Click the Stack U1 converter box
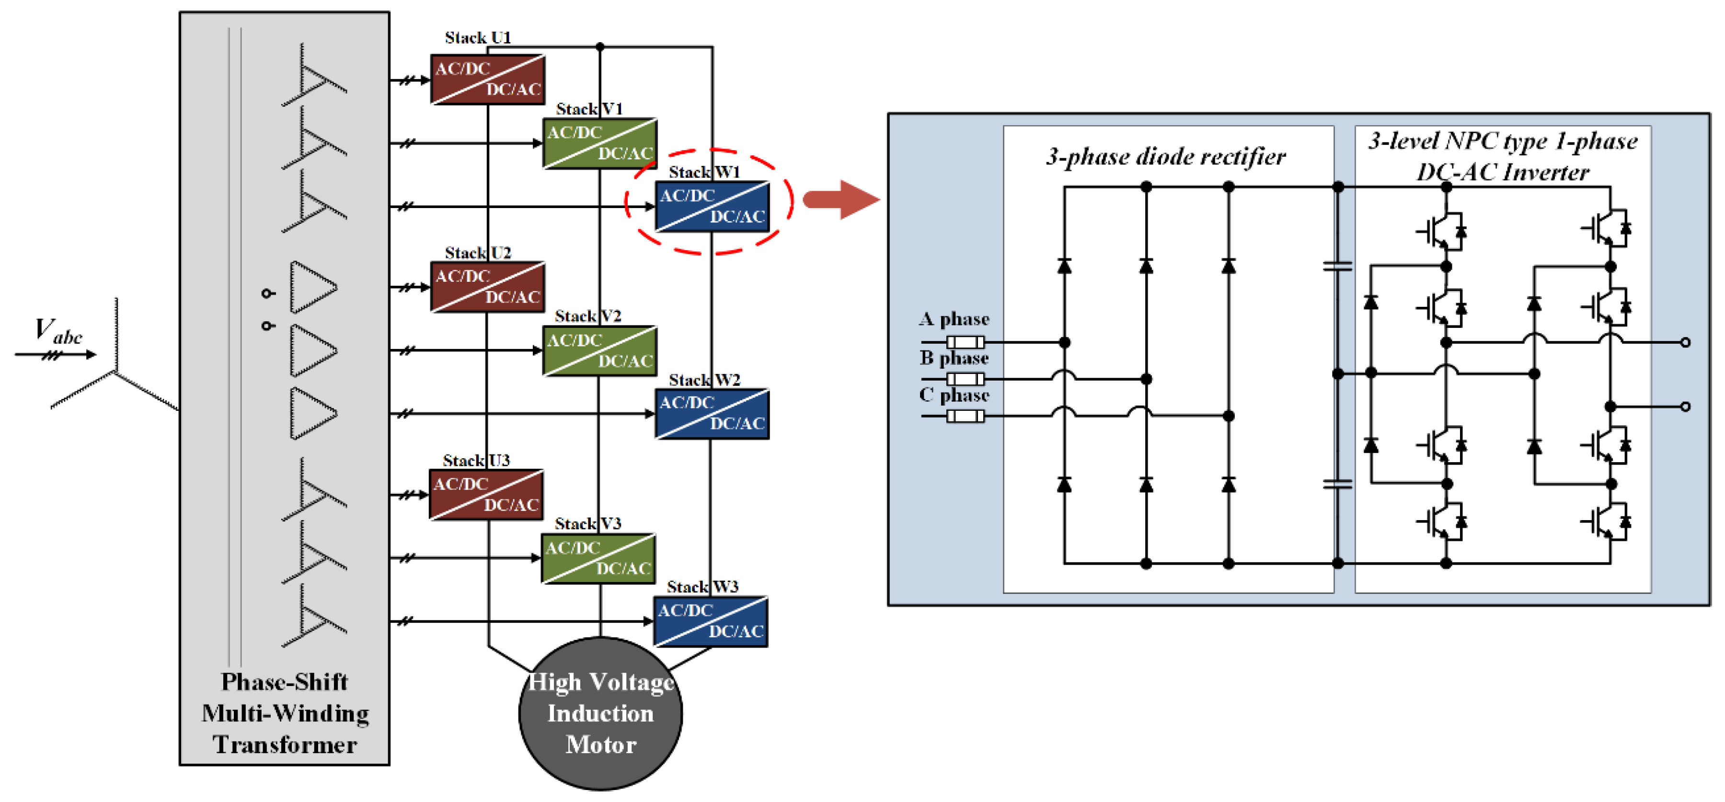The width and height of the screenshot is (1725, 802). (487, 79)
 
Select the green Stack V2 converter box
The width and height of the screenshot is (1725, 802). (599, 350)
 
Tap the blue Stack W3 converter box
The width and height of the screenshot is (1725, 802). (711, 621)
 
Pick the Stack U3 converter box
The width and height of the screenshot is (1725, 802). (486, 494)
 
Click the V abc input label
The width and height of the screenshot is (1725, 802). (58, 331)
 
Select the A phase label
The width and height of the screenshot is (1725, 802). (954, 318)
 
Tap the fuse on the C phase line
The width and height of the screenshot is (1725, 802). (966, 416)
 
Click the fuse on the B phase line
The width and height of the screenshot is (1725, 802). (966, 379)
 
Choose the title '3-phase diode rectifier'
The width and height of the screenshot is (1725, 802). (1166, 157)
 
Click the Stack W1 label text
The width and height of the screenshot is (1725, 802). (704, 172)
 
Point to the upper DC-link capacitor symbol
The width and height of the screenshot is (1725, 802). (1338, 267)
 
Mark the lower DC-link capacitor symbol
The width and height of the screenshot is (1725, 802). (1338, 484)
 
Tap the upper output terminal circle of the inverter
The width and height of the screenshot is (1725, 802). (1686, 342)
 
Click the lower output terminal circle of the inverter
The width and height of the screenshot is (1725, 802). (1686, 406)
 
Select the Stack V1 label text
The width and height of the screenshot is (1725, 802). (589, 108)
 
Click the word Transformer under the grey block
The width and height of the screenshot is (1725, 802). (285, 744)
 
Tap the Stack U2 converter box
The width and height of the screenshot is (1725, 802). (487, 287)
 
